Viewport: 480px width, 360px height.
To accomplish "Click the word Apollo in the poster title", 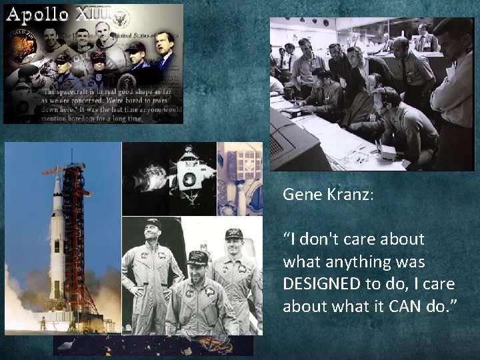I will click(37, 15).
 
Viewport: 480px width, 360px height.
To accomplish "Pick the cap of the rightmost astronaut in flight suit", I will click(234, 234).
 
